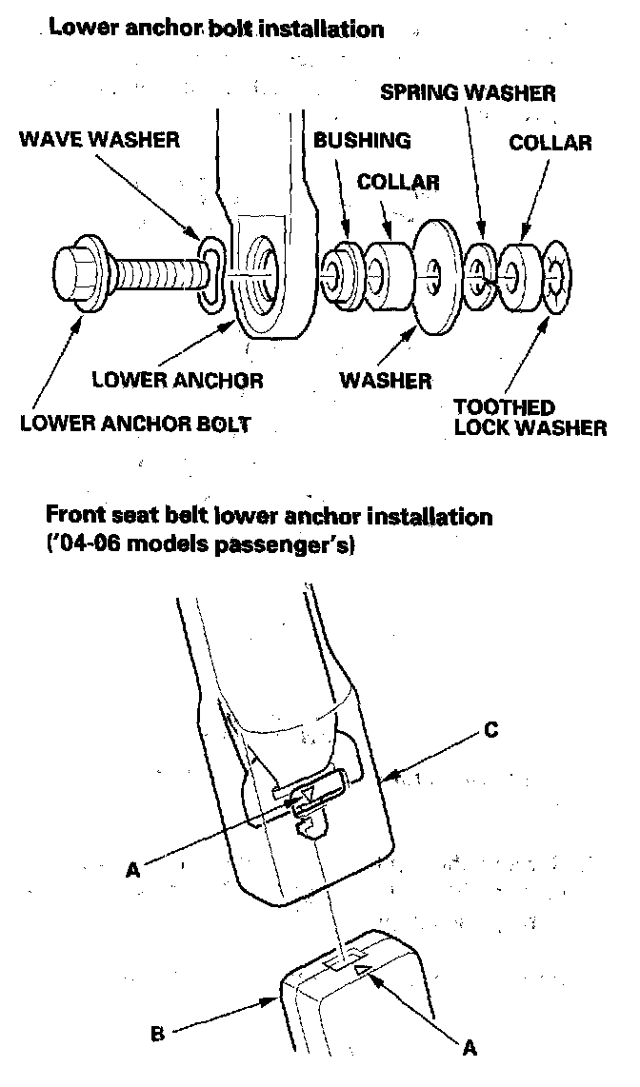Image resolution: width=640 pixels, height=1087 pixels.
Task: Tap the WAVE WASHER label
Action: pyautogui.click(x=100, y=140)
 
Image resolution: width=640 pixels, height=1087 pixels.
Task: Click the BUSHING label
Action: pyautogui.click(x=362, y=141)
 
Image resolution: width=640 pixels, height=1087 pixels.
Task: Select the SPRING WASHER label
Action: pyautogui.click(x=468, y=92)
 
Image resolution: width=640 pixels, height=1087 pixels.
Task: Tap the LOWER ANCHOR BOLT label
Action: pyautogui.click(x=135, y=424)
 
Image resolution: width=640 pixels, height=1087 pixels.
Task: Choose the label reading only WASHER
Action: pyautogui.click(x=386, y=381)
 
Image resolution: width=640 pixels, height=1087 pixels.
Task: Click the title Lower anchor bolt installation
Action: pyautogui.click(x=216, y=28)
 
